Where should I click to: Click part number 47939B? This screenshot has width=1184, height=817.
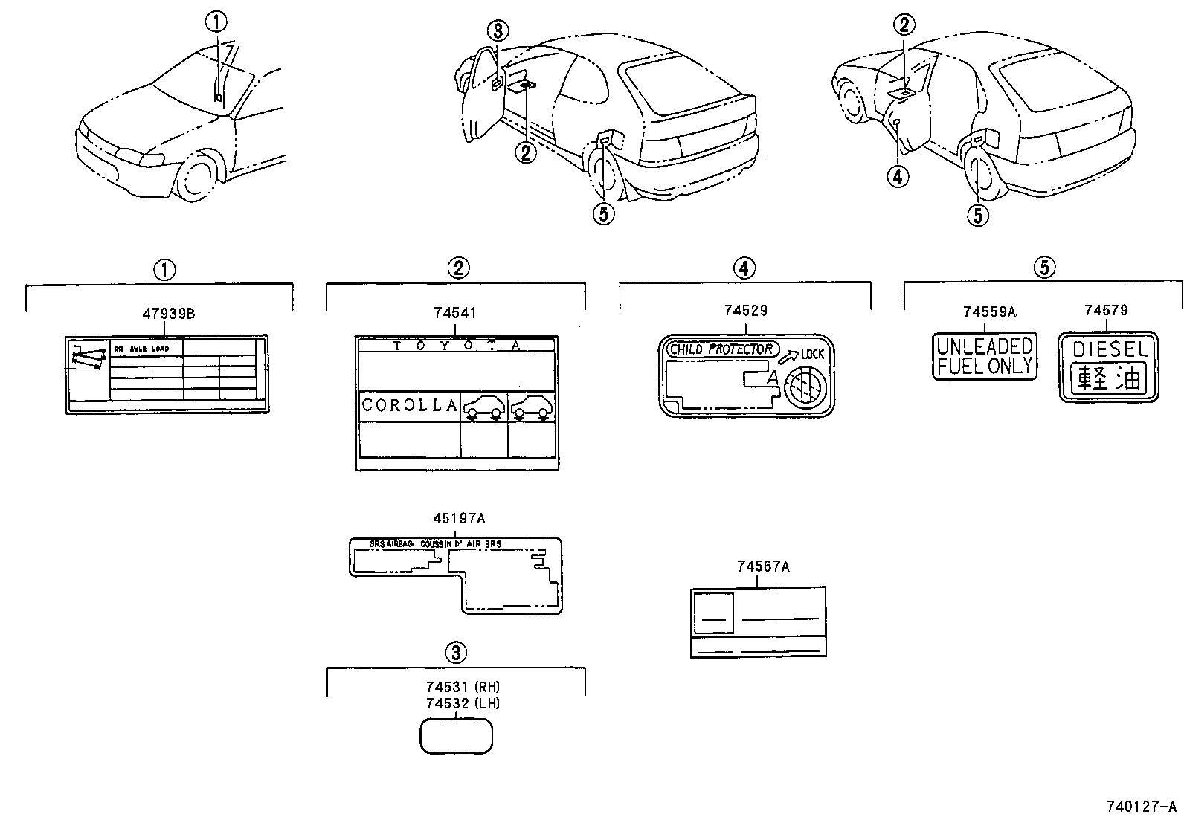pyautogui.click(x=169, y=314)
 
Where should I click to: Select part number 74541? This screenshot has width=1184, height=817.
pyautogui.click(x=457, y=314)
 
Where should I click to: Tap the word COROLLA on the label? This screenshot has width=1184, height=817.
pyautogui.click(x=409, y=406)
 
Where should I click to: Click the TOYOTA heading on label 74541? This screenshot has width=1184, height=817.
pyautogui.click(x=457, y=346)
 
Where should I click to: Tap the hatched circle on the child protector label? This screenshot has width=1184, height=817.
pyautogui.click(x=805, y=387)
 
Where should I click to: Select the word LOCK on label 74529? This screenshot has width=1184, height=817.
pyautogui.click(x=813, y=354)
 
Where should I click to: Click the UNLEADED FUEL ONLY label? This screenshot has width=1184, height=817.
pyautogui.click(x=985, y=356)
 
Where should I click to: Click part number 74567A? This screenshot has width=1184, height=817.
pyautogui.click(x=763, y=567)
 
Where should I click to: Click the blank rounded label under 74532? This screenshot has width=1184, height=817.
pyautogui.click(x=457, y=736)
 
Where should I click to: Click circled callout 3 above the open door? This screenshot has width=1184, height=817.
pyautogui.click(x=498, y=31)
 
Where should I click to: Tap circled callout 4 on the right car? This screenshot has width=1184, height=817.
pyautogui.click(x=898, y=176)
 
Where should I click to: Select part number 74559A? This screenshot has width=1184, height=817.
pyautogui.click(x=988, y=312)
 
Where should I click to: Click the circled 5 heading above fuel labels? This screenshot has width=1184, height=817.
pyautogui.click(x=1044, y=268)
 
